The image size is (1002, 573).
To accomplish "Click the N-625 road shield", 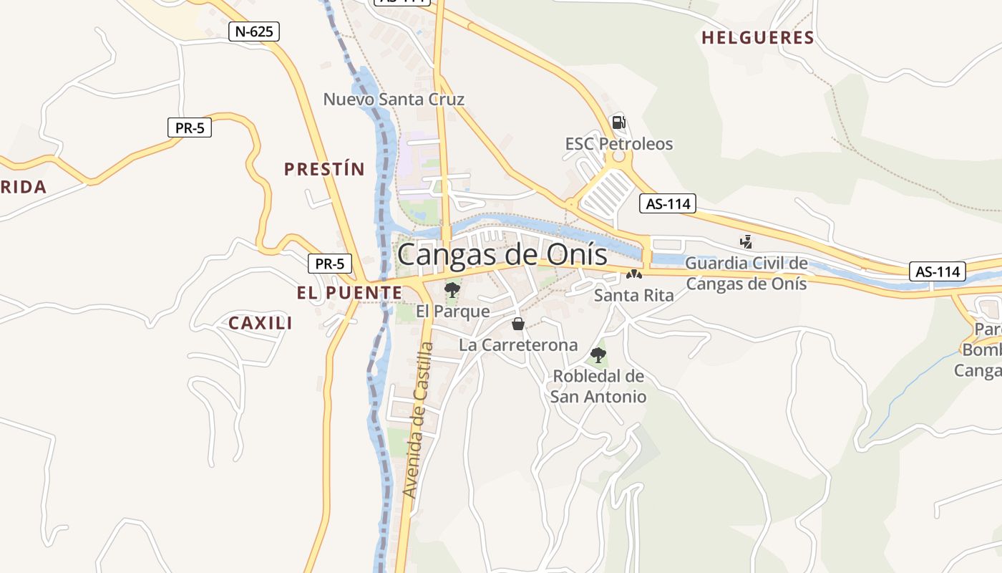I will click(254, 32).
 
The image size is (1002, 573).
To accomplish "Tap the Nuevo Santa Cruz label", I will click(394, 100).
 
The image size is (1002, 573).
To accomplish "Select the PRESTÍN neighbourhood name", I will click(324, 170).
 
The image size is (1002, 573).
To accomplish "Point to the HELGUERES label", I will click(758, 38).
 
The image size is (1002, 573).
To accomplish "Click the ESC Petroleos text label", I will click(619, 144).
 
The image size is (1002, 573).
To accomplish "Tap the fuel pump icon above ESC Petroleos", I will click(619, 122).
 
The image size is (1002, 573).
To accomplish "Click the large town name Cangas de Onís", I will click(502, 254).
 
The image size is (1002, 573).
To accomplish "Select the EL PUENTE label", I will click(349, 292).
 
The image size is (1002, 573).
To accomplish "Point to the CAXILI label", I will click(261, 323).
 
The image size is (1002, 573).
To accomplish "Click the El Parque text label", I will click(453, 312).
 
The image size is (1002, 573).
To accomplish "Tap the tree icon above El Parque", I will click(452, 290).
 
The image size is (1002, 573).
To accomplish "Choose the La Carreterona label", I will click(518, 345).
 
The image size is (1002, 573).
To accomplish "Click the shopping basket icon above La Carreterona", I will click(518, 324).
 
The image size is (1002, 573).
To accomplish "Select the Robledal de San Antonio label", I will click(598, 386).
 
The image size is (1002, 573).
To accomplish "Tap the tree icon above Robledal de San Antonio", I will click(598, 355).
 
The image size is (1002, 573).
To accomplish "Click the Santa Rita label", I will click(634, 295).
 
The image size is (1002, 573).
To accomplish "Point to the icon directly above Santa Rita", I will click(634, 274).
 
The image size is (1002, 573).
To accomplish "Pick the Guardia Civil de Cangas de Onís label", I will click(746, 274).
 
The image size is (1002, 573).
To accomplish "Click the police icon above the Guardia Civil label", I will click(746, 242).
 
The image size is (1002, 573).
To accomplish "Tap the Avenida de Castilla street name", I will click(419, 420).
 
